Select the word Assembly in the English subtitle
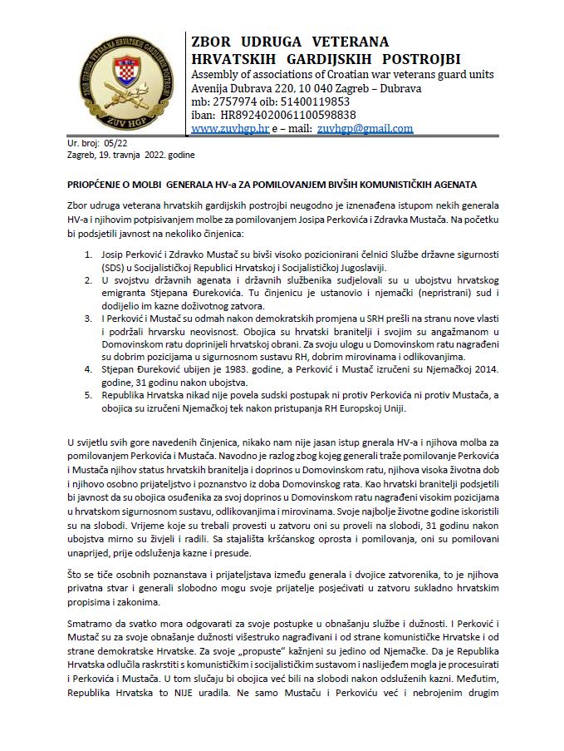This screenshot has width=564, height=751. (218, 73)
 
